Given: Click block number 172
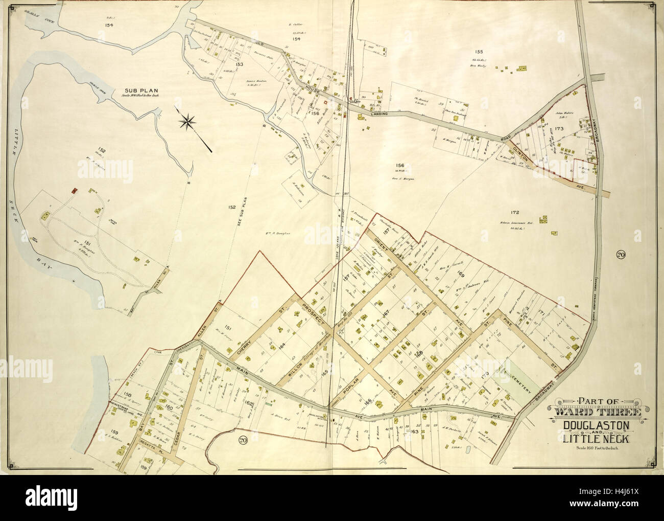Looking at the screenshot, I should point(514,212).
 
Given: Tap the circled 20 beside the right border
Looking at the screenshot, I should point(621,256).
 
